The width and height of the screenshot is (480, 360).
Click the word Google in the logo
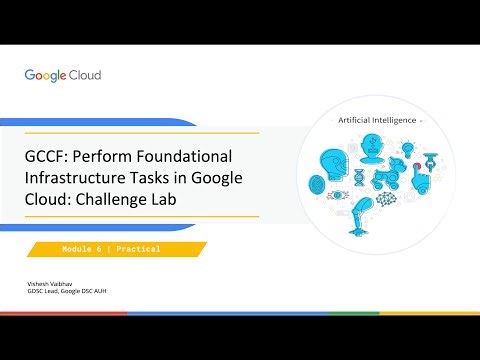[x=45, y=75]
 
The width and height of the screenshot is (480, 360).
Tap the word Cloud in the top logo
[x=85, y=75]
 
